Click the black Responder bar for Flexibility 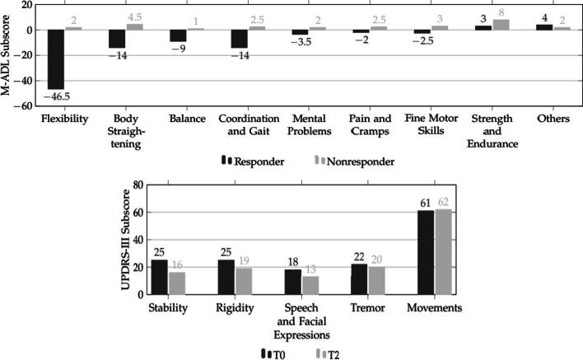coord(56,59)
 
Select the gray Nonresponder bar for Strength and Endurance coord(501,25)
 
